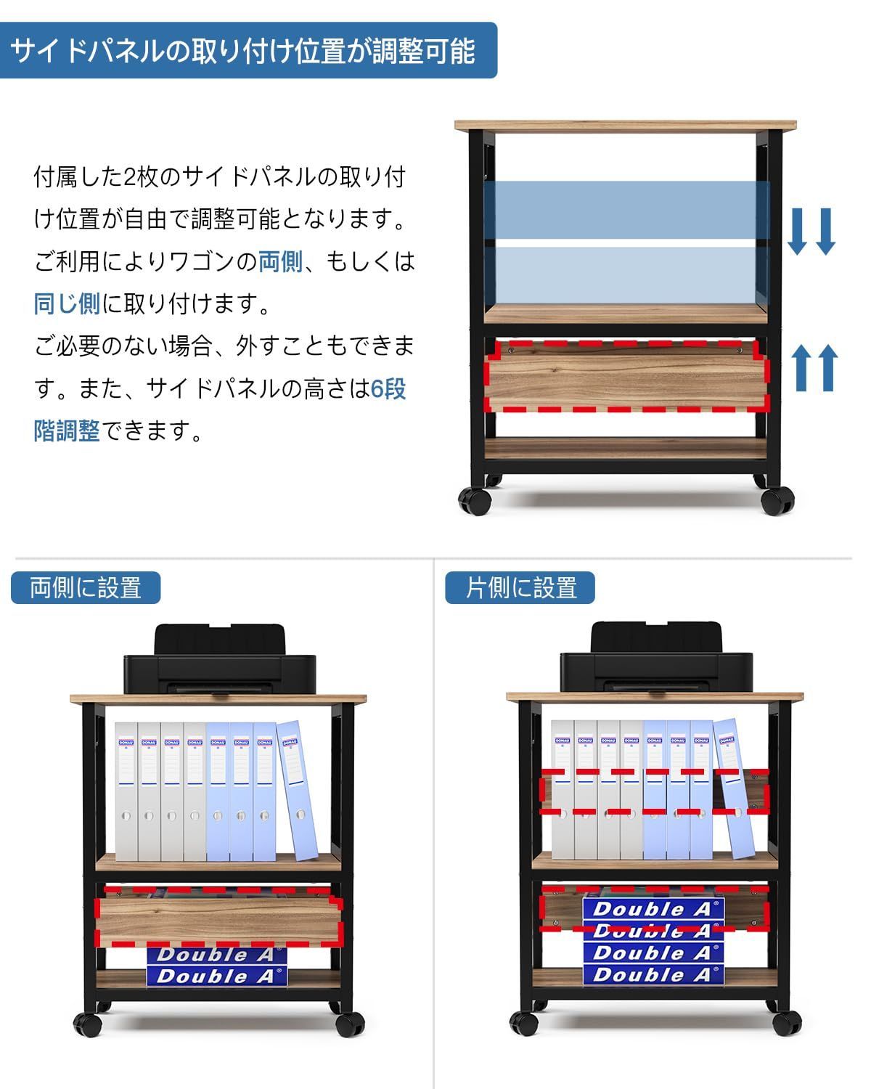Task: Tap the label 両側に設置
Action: coord(86,587)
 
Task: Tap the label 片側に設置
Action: coord(520,587)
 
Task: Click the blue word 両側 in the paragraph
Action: coord(280,261)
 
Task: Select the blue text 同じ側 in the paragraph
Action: coord(67,303)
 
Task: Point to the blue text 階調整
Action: coord(67,431)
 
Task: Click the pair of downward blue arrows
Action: coord(812,231)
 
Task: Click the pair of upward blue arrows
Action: coord(814,367)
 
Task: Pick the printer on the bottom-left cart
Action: coord(219,661)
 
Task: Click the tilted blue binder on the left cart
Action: coord(298,789)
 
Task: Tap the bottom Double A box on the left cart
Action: coord(217,976)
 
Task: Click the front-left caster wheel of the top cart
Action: coord(474,501)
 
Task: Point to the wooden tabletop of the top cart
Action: coord(625,126)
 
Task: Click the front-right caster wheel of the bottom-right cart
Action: coord(786,1023)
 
